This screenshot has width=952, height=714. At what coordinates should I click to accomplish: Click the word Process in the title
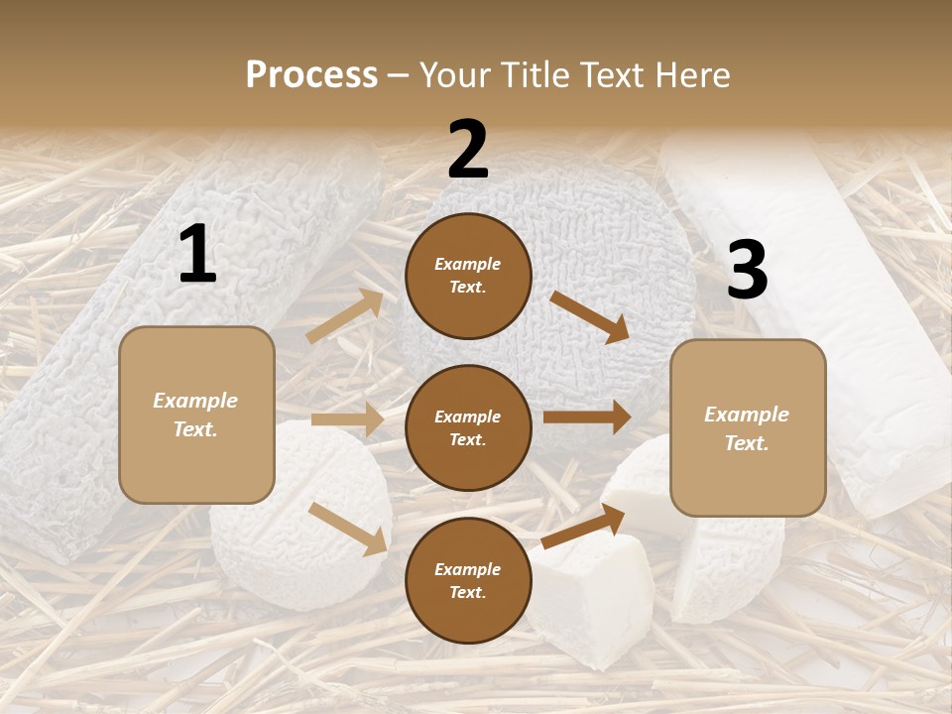click(311, 75)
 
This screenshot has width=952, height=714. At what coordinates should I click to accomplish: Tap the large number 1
click(197, 255)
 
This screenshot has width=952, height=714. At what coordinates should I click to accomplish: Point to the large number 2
click(468, 150)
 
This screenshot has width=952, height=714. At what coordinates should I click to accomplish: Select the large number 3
click(747, 271)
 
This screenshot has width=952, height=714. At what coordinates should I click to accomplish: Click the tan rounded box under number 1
click(196, 415)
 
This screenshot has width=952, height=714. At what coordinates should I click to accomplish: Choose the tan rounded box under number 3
click(748, 427)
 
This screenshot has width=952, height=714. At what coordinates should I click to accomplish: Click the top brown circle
click(468, 276)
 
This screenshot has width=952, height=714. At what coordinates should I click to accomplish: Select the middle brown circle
click(468, 427)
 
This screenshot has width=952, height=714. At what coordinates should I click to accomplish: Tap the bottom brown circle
click(468, 580)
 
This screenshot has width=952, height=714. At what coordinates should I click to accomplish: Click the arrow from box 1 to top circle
click(345, 316)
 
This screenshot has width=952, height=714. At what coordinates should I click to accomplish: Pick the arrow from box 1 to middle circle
click(347, 419)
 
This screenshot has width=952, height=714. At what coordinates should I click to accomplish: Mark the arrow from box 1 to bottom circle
click(348, 529)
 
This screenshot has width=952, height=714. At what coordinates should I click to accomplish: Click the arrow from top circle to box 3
click(589, 316)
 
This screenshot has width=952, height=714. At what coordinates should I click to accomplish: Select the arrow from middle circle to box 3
click(587, 416)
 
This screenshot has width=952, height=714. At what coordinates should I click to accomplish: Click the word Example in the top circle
click(468, 265)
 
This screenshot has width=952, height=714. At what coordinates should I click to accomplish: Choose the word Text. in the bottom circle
click(468, 592)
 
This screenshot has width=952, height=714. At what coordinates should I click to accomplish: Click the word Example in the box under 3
click(747, 415)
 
